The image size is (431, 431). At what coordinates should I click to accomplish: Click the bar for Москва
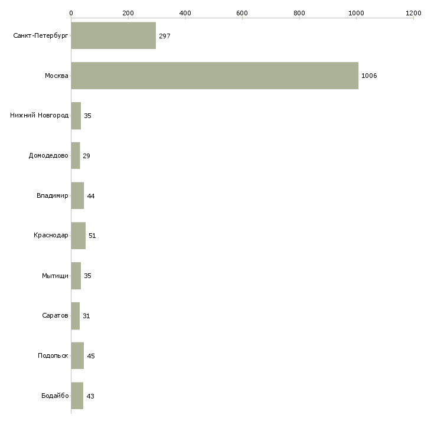pyautogui.click(x=215, y=76)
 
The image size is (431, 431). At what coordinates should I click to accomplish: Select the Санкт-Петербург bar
pyautogui.click(x=113, y=35)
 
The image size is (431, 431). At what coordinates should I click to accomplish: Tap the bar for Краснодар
pyautogui.click(x=79, y=236)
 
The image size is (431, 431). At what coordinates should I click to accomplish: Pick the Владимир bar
pyautogui.click(x=77, y=195)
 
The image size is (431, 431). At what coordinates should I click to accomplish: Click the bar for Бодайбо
pyautogui.click(x=77, y=396)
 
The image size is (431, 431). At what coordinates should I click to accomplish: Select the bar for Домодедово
pyautogui.click(x=76, y=156)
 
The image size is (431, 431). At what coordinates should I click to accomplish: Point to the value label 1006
pyautogui.click(x=369, y=76)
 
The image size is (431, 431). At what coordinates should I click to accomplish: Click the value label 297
pyautogui.click(x=165, y=36)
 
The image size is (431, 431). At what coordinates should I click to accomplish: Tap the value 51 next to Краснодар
pyautogui.click(x=92, y=236)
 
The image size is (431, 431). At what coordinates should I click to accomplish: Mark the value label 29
pyautogui.click(x=86, y=156)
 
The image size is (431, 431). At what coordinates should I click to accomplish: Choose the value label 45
pyautogui.click(x=91, y=356)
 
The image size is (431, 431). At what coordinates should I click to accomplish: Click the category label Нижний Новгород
pyautogui.click(x=40, y=116)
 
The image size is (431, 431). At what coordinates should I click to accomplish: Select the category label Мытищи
pyautogui.click(x=55, y=276)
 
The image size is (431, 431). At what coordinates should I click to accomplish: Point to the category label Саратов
pyautogui.click(x=55, y=315)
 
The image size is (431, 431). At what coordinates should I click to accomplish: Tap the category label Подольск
pyautogui.click(x=53, y=355)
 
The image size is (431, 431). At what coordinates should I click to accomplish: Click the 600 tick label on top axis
pyautogui.click(x=242, y=13)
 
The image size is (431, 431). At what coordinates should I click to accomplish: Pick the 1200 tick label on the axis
pyautogui.click(x=413, y=13)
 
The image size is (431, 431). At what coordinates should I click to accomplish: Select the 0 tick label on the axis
pyautogui.click(x=71, y=13)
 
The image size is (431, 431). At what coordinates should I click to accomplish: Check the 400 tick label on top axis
pyautogui.click(x=185, y=13)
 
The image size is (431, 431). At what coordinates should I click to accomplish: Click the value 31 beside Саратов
pyautogui.click(x=86, y=316)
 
